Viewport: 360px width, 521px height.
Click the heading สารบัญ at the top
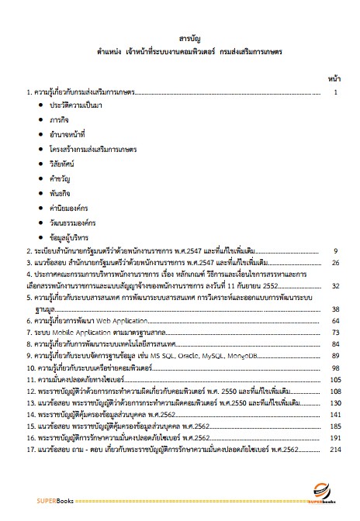[x=179, y=36]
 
